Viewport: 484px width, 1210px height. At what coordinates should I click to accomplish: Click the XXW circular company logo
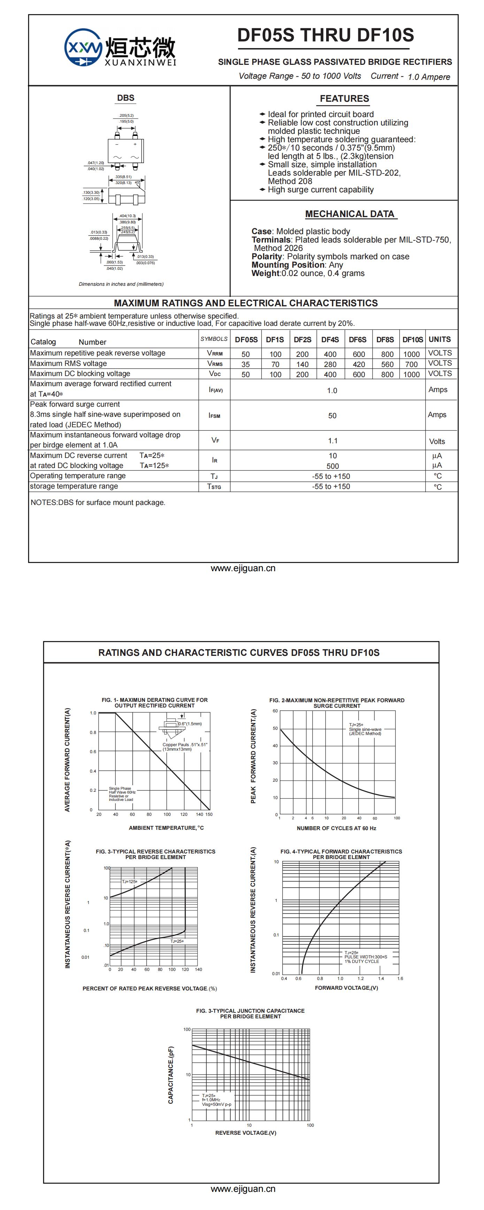point(83,47)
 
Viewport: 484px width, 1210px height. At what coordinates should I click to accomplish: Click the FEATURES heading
point(344,99)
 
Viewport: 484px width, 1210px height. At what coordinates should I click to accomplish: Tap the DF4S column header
point(330,339)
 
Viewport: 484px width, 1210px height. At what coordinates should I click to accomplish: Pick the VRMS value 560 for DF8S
point(387,365)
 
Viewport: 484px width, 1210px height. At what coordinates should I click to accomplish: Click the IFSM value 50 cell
point(332,416)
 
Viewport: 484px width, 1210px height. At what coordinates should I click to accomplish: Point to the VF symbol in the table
point(215,441)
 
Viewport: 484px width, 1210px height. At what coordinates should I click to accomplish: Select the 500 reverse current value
point(332,466)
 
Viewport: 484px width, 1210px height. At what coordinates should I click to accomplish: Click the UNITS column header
point(439,339)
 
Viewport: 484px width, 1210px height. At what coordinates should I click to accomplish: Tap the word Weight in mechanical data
point(265,273)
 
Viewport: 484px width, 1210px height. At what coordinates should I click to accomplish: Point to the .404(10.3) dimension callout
point(127,216)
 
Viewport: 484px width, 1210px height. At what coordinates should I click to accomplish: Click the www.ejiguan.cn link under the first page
point(243,568)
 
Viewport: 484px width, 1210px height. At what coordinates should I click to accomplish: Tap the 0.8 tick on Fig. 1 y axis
point(93,732)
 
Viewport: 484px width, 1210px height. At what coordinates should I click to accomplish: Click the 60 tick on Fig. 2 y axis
point(275,711)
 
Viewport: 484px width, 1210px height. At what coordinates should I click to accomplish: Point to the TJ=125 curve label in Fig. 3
point(130,882)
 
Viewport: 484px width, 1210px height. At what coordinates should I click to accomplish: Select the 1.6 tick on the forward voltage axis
point(400,979)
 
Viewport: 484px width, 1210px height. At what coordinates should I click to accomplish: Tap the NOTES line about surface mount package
point(98,503)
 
